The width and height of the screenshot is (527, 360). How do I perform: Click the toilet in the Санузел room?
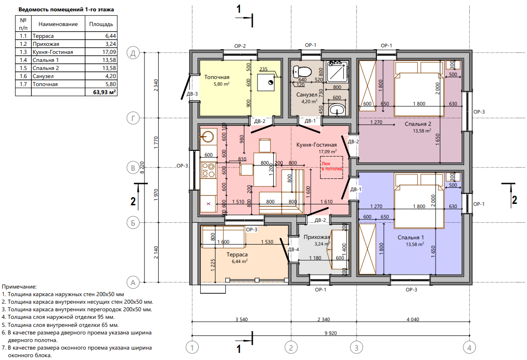coord(301,71)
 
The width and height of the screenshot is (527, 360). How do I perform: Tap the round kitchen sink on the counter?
coord(207,136)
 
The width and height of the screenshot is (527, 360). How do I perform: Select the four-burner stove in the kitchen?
coord(208,170)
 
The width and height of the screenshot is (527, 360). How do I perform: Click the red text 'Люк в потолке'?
coord(331,166)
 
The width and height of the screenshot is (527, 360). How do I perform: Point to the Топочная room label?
coord(217,77)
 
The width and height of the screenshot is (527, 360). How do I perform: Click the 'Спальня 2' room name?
coord(418,124)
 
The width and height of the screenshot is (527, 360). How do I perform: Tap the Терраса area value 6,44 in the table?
coord(111,36)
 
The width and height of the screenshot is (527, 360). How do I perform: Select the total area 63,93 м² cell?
coord(105,92)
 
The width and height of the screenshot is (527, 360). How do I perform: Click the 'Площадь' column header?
coord(101,24)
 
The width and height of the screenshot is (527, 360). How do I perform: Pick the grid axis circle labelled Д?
coord(133,53)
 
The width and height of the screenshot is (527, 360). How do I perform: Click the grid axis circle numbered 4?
coord(469,347)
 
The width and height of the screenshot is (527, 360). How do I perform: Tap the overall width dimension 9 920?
coord(330,333)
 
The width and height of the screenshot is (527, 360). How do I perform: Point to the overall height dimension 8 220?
coord(142,167)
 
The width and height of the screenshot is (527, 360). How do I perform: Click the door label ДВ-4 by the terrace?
coord(294,249)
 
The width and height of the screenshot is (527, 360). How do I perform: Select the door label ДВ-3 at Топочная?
coord(192,94)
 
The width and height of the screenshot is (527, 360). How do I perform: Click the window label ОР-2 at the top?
coord(240,46)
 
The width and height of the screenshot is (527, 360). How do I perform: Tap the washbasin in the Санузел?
coord(336,109)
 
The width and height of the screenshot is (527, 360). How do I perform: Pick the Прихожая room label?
coord(317,237)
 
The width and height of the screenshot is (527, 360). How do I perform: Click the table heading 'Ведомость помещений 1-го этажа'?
coord(66,9)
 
